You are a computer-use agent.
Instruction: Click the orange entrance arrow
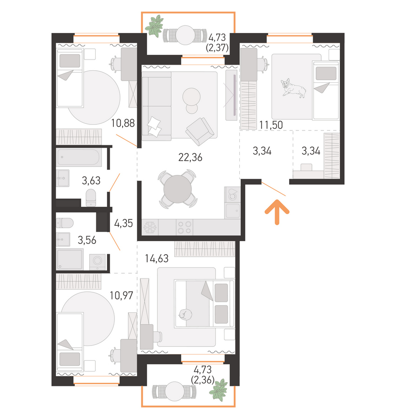pos(277,211)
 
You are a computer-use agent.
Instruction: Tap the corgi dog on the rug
pos(293,88)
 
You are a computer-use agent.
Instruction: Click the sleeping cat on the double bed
pos(185,314)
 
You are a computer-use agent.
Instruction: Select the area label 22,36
pos(190,157)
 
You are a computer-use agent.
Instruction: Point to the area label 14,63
pos(157,258)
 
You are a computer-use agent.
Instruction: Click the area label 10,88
pos(123,123)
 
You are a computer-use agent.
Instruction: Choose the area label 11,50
pos(271,125)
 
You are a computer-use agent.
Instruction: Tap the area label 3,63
pos(91,181)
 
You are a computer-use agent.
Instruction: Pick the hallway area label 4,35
pos(123,223)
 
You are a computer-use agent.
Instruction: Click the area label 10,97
pos(121,296)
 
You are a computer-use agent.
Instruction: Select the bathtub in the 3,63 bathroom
pos(79,157)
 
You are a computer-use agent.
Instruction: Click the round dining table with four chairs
pos(178,189)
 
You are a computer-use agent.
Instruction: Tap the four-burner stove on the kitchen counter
pos(185,227)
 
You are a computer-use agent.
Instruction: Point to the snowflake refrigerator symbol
pos(150,227)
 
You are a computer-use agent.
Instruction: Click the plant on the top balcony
pos(154,26)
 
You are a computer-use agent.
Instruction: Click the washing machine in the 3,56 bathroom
pos(97,261)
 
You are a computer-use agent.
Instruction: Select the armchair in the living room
pos(200,131)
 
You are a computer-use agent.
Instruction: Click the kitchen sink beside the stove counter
pos(232,211)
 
